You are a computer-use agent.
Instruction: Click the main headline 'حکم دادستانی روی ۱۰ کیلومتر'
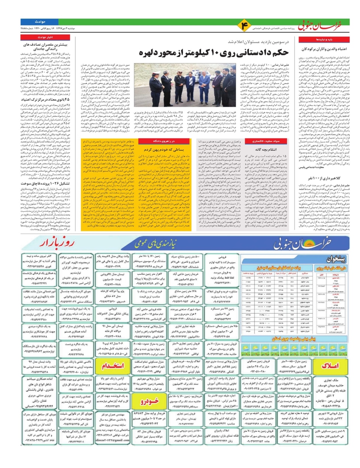(214, 52)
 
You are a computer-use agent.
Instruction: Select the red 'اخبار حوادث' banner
(45, 37)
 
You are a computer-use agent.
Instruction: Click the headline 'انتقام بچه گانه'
(266, 149)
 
